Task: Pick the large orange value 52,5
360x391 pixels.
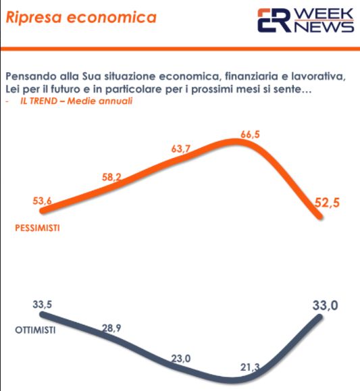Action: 330,202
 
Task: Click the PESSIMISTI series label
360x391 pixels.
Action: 37,228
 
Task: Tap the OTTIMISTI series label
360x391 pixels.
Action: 34,331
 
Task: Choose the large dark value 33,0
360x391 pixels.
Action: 324,306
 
